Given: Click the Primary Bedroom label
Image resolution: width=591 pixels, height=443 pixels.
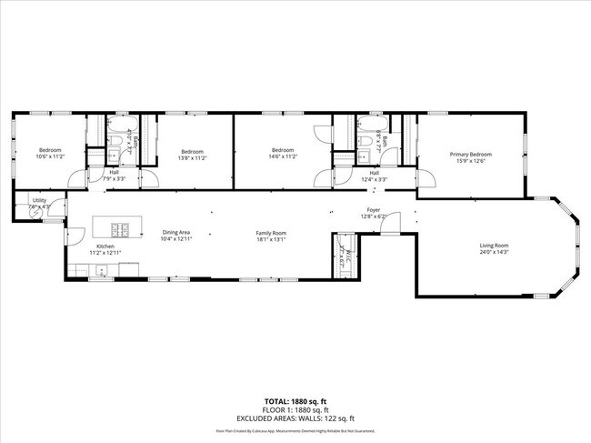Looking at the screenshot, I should [470, 155].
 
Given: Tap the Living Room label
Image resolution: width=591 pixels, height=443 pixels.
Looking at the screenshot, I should [494, 246].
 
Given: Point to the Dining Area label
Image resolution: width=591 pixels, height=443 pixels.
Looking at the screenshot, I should [175, 233].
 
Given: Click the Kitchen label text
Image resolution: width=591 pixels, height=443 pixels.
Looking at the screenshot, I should [106, 246].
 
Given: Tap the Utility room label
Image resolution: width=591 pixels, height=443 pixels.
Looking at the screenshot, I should [39, 200].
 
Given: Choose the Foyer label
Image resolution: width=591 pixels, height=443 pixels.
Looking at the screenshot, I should [373, 210].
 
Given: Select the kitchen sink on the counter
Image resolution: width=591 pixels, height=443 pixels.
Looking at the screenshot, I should [100, 268].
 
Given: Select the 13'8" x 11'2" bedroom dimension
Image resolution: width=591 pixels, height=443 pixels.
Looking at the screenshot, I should [192, 157].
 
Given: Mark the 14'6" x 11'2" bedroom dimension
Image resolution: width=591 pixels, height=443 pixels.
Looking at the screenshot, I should [283, 156].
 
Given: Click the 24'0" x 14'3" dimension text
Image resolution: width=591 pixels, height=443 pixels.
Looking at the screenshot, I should [494, 252].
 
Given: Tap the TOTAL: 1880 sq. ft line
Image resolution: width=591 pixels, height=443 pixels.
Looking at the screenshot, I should [295, 401].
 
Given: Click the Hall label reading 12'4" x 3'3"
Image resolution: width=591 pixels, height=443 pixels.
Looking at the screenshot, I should [373, 179].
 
